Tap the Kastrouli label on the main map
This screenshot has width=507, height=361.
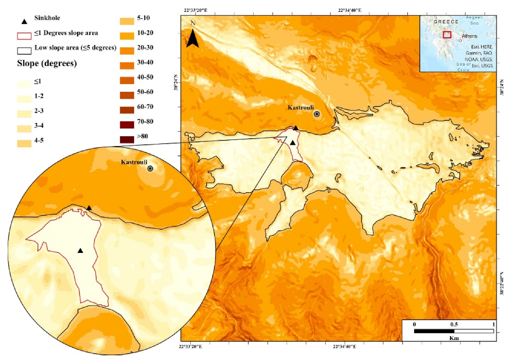pos(300,108)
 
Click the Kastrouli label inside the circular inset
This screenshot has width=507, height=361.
pos(134,162)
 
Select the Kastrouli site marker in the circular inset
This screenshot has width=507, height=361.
pos(150,168)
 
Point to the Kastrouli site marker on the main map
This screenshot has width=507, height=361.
pos(317,114)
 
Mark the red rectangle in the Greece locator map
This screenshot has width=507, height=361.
pos(447,35)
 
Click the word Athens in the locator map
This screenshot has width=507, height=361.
pos(470,36)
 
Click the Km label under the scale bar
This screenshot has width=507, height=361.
pos(454,338)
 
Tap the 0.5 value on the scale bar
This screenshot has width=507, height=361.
pos(454,324)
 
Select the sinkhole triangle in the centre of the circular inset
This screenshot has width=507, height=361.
pos(80,250)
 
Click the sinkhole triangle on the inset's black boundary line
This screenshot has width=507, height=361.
pos(89,208)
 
